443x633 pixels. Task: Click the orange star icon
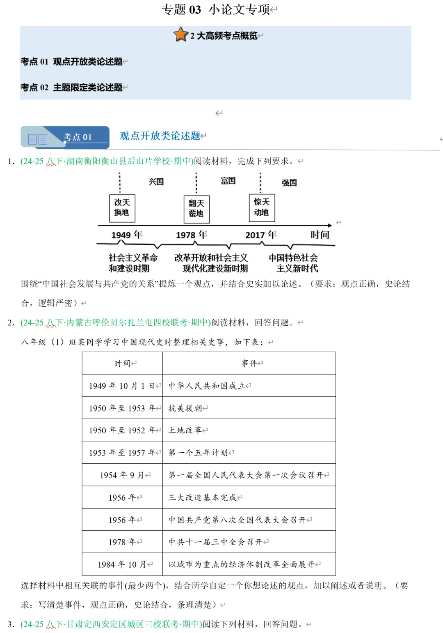[180, 35]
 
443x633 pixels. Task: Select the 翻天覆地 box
[196, 208]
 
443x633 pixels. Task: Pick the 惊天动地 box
[262, 207]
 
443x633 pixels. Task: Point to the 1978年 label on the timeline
[192, 235]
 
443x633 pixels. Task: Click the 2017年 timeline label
[261, 235]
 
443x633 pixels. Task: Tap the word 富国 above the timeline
[228, 181]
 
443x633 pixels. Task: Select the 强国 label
[289, 183]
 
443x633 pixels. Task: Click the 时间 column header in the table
[123, 363]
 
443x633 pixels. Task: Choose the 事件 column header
[249, 363]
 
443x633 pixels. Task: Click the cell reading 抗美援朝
[185, 408]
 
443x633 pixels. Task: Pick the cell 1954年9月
[123, 475]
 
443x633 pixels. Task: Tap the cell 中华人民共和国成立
[207, 386]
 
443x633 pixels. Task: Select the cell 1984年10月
[123, 564]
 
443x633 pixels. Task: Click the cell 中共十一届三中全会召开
[216, 542]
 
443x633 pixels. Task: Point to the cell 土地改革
[185, 430]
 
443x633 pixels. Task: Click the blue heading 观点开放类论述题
[160, 136]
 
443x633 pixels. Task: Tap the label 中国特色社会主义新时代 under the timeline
[294, 263]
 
